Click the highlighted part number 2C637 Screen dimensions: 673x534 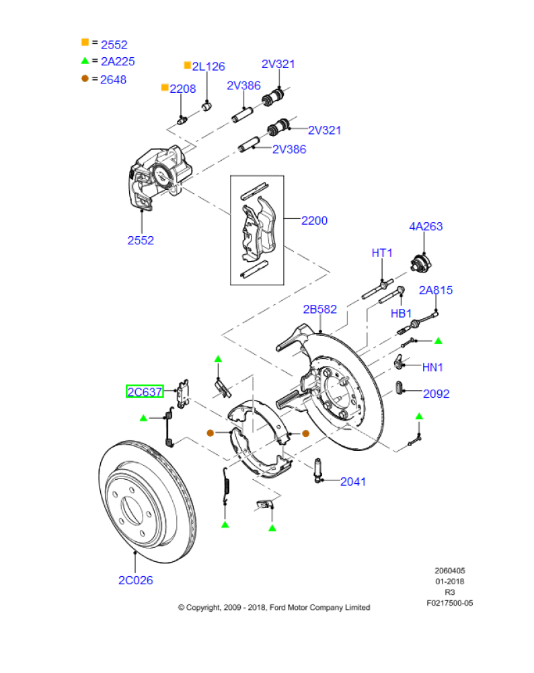145,391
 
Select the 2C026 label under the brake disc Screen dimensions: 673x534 135,579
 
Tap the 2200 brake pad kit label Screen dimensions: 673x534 314,220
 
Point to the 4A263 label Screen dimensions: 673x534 426,227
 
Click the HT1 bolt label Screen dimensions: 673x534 382,253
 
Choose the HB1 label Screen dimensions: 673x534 401,314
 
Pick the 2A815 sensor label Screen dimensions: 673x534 436,290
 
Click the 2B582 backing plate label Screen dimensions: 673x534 319,309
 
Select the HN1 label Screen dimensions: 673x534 432,367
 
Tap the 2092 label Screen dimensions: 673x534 436,394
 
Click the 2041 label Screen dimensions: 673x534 353,481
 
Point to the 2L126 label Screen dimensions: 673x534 208,67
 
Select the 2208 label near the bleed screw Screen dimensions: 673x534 182,89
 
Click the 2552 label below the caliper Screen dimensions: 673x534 141,240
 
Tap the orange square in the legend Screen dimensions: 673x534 85,42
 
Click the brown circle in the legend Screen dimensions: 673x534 85,79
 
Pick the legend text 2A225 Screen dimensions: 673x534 118,62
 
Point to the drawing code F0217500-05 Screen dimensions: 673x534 449,603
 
